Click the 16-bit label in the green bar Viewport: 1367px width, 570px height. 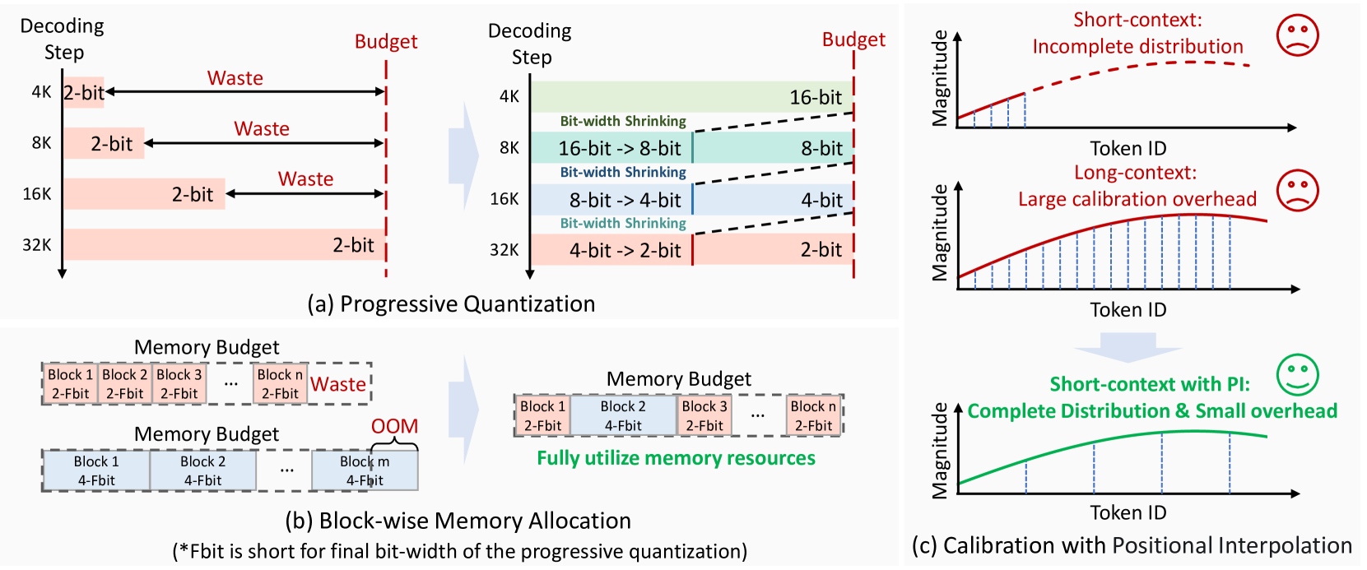point(815,98)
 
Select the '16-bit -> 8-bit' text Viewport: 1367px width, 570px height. point(619,149)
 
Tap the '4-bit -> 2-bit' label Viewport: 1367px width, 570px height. point(625,251)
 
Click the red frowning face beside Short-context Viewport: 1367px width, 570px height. point(1297,35)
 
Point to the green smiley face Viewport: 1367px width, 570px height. point(1297,375)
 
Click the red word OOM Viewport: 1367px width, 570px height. point(394,426)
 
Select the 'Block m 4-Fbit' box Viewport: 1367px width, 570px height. point(365,471)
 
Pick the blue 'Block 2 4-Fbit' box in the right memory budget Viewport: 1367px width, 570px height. point(623,415)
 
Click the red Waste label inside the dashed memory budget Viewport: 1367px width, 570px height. point(338,384)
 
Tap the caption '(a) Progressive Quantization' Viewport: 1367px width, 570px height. point(451,304)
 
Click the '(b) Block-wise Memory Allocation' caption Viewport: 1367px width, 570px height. point(458,521)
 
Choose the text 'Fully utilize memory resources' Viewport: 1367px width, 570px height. point(676,458)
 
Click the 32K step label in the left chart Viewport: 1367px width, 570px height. point(37,245)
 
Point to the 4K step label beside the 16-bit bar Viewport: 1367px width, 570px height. point(509,96)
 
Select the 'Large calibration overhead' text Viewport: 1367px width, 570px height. point(1137,199)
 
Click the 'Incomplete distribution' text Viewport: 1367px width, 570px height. point(1137,47)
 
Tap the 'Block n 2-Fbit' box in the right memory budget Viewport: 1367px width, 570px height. point(813,415)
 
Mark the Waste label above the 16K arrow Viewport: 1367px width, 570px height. point(305,179)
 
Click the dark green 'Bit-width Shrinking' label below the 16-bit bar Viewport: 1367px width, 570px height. point(623,121)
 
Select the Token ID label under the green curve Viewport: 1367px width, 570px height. point(1128,512)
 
